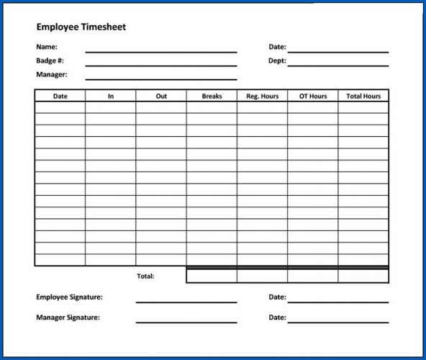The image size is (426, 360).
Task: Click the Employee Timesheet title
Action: pyautogui.click(x=81, y=27)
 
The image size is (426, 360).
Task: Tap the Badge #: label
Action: pyautogui.click(x=50, y=60)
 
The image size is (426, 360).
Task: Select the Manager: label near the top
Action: pyautogui.click(x=51, y=74)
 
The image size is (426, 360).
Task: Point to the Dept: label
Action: pyautogui.click(x=277, y=60)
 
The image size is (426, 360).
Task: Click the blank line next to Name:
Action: pyautogui.click(x=160, y=50)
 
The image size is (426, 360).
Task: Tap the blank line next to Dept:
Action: pyautogui.click(x=337, y=64)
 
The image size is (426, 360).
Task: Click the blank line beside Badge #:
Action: pyautogui.click(x=160, y=64)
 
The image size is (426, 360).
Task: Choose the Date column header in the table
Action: pyautogui.click(x=60, y=96)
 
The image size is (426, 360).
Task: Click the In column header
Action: pyautogui.click(x=111, y=96)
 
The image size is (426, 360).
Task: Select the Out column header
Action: pyautogui.click(x=161, y=96)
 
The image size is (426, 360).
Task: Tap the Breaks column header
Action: pyautogui.click(x=212, y=96)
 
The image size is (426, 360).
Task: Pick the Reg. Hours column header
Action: pyautogui.click(x=262, y=96)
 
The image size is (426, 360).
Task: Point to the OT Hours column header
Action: pyautogui.click(x=312, y=96)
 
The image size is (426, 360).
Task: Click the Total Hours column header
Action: pyautogui.click(x=363, y=96)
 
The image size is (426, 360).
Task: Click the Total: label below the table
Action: pyautogui.click(x=145, y=276)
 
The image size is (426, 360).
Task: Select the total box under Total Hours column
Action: pyautogui.click(x=363, y=276)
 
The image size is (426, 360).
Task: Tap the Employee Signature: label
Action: pyautogui.click(x=69, y=297)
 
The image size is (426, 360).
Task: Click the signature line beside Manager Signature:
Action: pyautogui.click(x=186, y=321)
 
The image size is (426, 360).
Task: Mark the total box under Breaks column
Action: pyautogui.click(x=212, y=276)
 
